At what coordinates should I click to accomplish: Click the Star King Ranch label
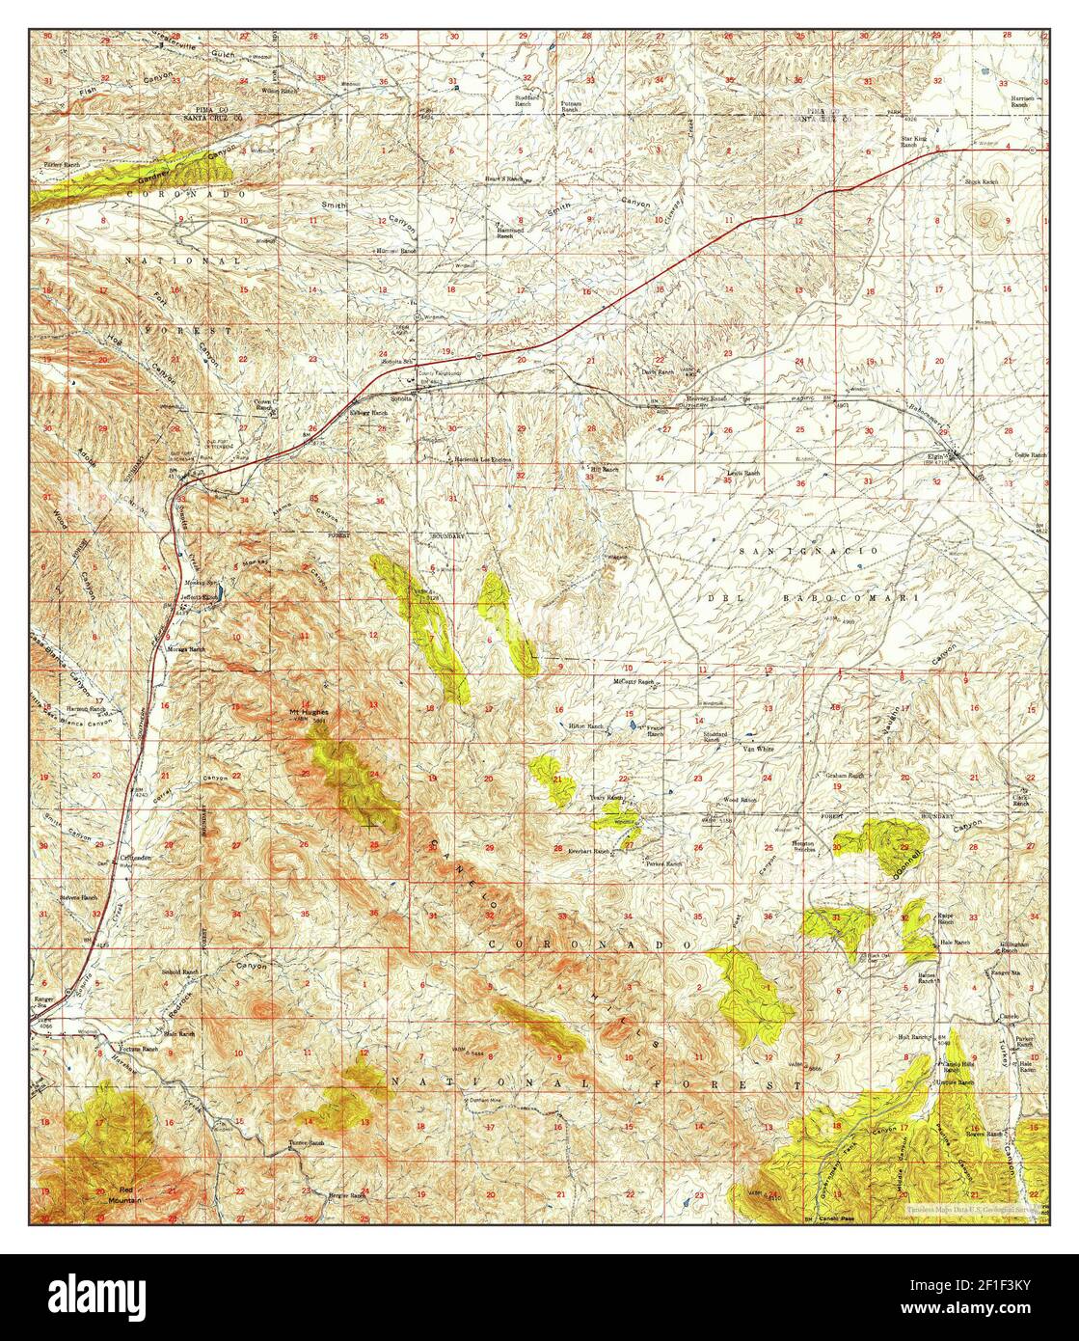[914, 141]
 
